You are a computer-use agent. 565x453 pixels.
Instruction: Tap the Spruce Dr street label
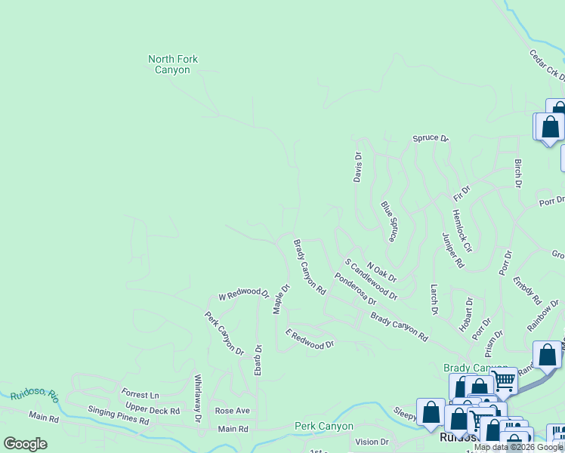coord(430,139)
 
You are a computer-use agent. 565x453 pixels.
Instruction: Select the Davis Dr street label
coord(358,167)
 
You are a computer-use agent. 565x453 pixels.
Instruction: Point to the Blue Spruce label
coord(389,221)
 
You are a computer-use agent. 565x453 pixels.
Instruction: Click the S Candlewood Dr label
coord(370,279)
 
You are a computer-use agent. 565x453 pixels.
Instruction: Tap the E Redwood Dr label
coord(310,339)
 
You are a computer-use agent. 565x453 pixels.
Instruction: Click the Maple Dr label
coord(281,300)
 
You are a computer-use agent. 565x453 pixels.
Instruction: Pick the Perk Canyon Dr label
coord(224,334)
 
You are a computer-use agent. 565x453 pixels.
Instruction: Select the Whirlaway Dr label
coord(199,398)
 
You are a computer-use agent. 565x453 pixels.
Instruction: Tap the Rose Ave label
coord(232,411)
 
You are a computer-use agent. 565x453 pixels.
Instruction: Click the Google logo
coord(25,443)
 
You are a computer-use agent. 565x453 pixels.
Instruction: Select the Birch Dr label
coord(518,174)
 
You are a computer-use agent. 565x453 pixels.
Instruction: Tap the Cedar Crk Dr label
coord(548,66)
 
